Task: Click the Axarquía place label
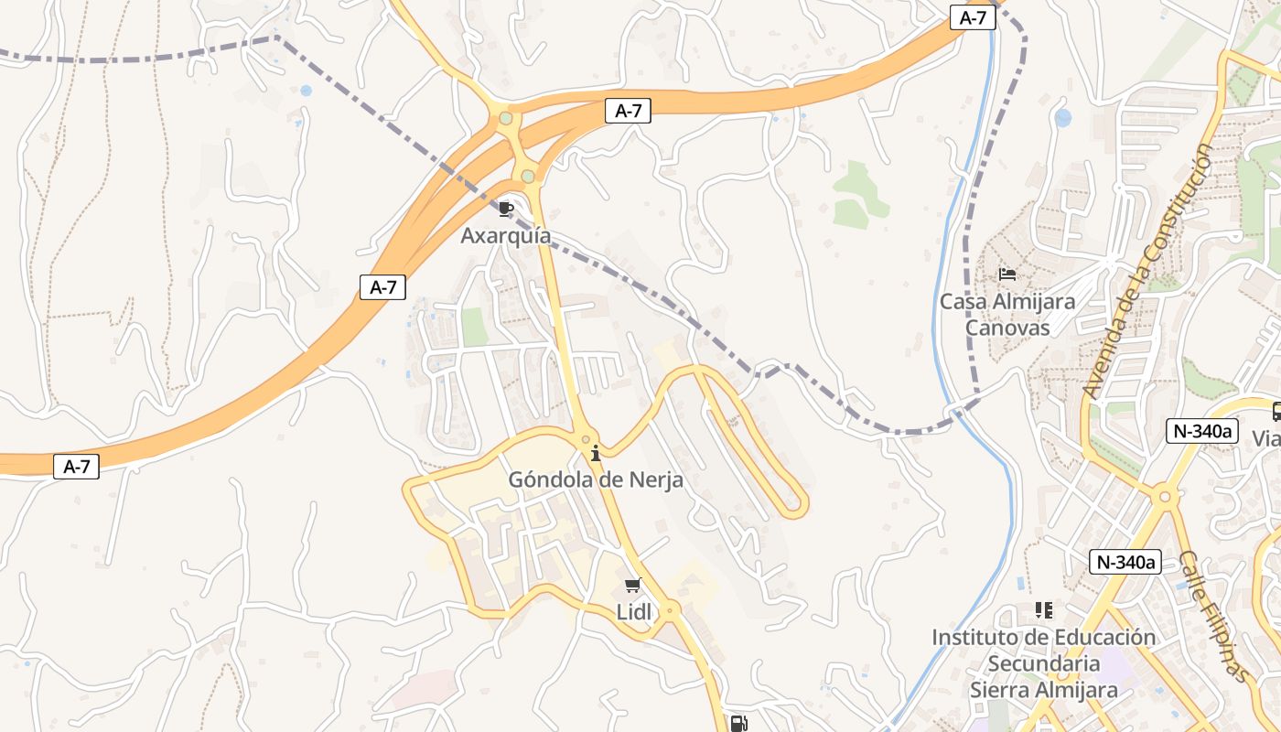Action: [505, 236]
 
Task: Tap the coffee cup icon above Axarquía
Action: [506, 210]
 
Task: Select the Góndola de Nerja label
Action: [596, 479]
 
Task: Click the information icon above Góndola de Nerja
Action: [596, 453]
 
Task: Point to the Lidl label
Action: [634, 612]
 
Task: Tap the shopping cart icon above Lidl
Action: [632, 586]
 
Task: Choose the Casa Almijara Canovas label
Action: [1007, 314]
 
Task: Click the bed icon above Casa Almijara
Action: [1007, 274]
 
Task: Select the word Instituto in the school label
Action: [972, 637]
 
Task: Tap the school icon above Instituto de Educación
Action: [1043, 609]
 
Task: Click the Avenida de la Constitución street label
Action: [1146, 271]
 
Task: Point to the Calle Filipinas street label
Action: [1213, 616]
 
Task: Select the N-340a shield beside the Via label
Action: [1201, 431]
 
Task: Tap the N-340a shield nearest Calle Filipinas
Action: [1125, 562]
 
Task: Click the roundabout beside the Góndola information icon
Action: [586, 439]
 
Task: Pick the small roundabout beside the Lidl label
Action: [671, 609]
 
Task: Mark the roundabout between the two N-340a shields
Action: [1164, 498]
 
